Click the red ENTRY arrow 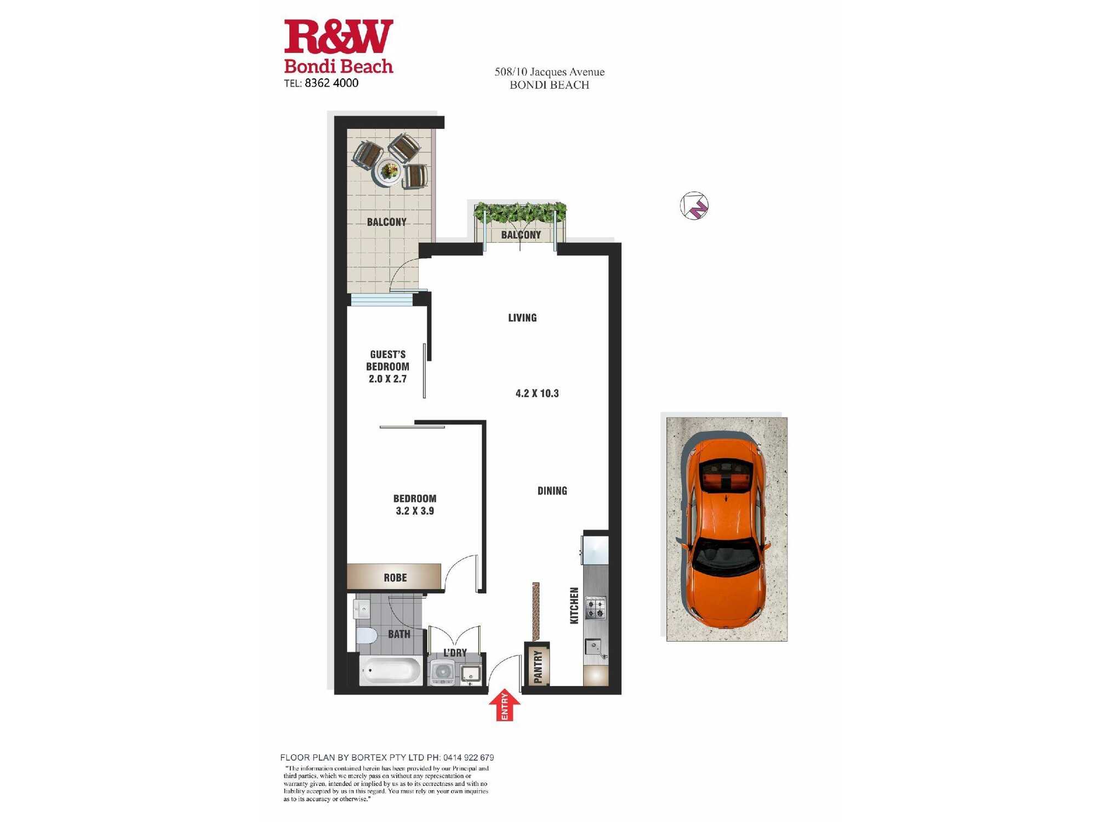504,706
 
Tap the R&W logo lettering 339,36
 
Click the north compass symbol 694,206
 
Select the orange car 726,530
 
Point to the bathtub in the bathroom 391,670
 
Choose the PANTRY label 538,666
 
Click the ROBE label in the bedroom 395,578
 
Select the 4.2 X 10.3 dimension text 537,393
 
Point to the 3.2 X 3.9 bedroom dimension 415,511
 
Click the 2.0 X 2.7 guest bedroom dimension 387,379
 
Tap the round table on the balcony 389,172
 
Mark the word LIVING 522,318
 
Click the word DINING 552,491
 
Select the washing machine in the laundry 442,672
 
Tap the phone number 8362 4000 332,83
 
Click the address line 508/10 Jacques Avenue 550,72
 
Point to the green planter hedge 520,212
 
